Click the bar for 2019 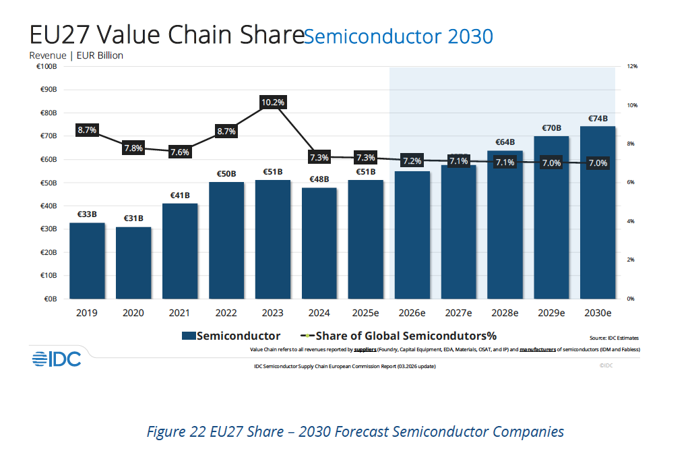click(x=87, y=261)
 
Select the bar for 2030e click(x=598, y=212)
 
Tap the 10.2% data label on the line click(x=273, y=102)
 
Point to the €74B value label click(x=598, y=119)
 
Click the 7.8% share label click(x=133, y=148)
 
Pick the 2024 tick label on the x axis click(x=319, y=313)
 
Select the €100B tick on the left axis click(x=46, y=67)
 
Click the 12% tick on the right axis click(x=632, y=67)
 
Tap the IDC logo click(x=57, y=359)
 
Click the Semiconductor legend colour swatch click(x=189, y=336)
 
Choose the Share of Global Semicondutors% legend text click(x=406, y=336)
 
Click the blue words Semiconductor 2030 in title click(x=399, y=36)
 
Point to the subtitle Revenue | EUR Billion click(x=76, y=55)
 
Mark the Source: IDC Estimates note click(x=615, y=338)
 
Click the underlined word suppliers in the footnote click(x=365, y=350)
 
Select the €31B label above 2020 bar click(x=133, y=218)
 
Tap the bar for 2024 click(x=319, y=243)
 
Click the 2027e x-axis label click(x=458, y=313)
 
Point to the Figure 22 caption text click(x=355, y=432)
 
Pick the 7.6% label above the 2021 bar click(x=180, y=152)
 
